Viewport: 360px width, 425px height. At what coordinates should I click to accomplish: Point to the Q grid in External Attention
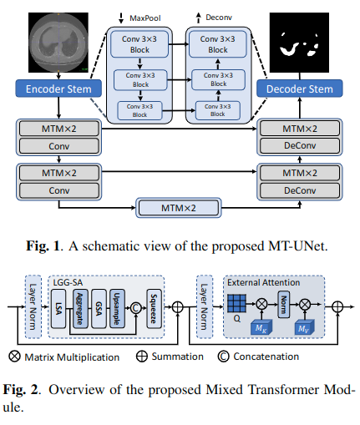click(x=237, y=306)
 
